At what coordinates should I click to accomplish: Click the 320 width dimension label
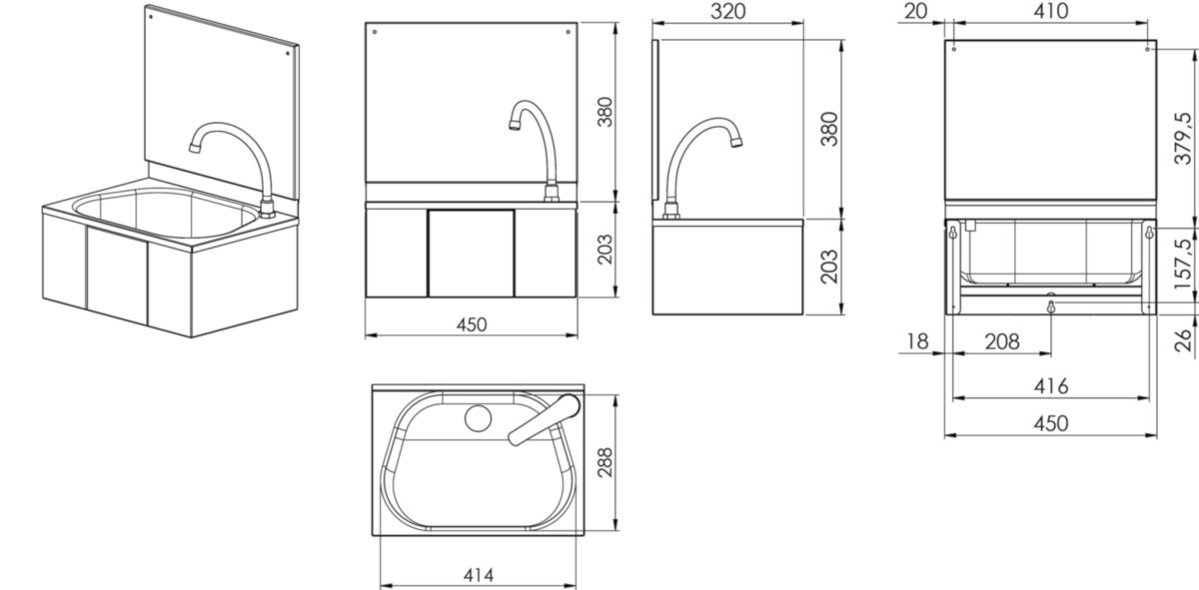tap(728, 11)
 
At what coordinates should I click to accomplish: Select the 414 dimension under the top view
tap(478, 576)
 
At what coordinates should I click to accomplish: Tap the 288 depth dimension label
tap(605, 462)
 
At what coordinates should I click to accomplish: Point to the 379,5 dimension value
tap(1183, 138)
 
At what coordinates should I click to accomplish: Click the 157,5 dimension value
tap(1183, 265)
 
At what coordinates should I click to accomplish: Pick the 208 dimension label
tap(1002, 341)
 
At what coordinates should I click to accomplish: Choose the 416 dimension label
tap(1051, 385)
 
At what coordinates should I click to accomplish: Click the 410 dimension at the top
tap(1051, 11)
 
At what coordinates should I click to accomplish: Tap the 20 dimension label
tap(916, 11)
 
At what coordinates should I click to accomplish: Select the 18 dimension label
tap(917, 341)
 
